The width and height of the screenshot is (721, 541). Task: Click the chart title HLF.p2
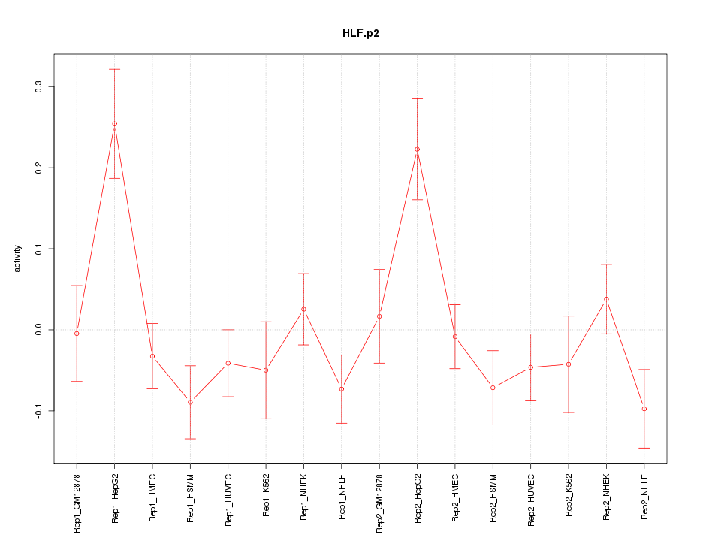(360, 34)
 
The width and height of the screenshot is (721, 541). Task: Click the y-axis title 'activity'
(18, 259)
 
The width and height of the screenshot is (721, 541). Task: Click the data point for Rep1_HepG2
(114, 124)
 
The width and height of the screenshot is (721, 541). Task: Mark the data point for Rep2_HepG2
(417, 150)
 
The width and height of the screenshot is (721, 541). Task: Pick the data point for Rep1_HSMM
(190, 402)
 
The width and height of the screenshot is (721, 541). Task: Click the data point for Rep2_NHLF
(644, 409)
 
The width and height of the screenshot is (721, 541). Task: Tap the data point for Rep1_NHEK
(303, 309)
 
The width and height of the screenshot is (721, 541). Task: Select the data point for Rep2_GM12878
(379, 316)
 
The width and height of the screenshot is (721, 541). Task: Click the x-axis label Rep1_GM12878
(77, 503)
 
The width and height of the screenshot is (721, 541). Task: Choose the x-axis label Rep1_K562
(266, 497)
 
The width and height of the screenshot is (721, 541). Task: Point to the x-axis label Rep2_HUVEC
(531, 500)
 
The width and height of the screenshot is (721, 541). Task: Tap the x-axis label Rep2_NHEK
(606, 498)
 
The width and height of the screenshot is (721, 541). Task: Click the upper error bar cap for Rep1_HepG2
(114, 69)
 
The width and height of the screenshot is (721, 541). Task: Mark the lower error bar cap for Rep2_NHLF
(644, 448)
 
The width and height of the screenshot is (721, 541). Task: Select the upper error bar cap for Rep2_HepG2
(417, 98)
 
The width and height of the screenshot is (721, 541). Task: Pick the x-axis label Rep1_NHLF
(341, 497)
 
